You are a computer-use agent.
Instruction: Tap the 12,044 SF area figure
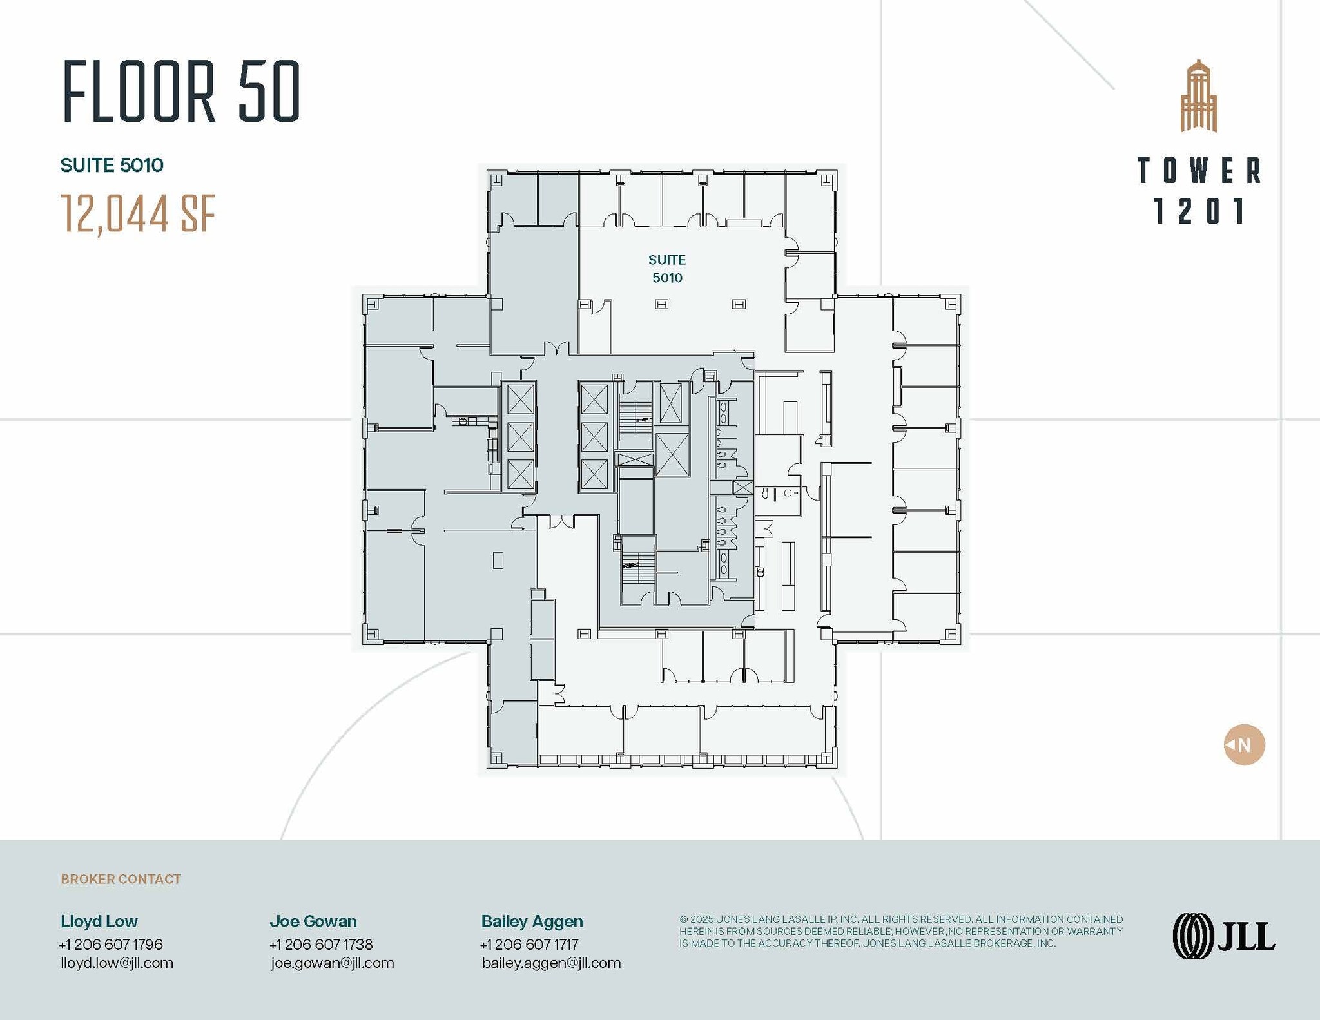(138, 214)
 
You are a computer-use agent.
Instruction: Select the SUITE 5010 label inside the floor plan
(666, 269)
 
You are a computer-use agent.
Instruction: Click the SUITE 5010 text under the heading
(112, 166)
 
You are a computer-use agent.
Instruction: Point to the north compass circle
(1244, 745)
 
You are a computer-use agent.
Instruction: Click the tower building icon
(1198, 97)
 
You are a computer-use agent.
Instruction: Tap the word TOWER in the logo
(1199, 171)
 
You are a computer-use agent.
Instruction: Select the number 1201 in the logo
(1199, 211)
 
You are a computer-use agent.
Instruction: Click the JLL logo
(1223, 936)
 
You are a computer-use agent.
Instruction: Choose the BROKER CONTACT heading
(121, 879)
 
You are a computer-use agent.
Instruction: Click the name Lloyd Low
(99, 921)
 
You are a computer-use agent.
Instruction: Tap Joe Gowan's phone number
(321, 945)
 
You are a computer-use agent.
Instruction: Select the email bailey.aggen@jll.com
(551, 963)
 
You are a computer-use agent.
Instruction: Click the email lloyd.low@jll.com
(117, 963)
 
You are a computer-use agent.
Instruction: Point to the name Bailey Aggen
(532, 921)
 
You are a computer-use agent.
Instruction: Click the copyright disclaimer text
(900, 931)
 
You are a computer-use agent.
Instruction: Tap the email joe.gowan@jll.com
(332, 963)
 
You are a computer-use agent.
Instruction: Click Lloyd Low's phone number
(111, 945)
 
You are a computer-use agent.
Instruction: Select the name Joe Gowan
(313, 921)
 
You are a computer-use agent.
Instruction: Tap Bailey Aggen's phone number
(529, 945)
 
